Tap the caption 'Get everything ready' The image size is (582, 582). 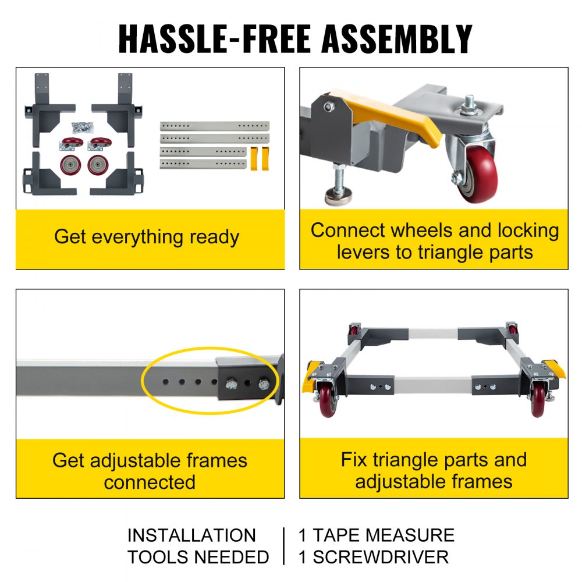(147, 237)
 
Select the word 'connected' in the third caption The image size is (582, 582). (150, 482)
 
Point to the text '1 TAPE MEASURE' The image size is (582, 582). (377, 535)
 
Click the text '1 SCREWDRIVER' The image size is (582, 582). (374, 557)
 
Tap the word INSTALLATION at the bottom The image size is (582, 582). (191, 535)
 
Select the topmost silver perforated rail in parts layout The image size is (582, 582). (215, 126)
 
